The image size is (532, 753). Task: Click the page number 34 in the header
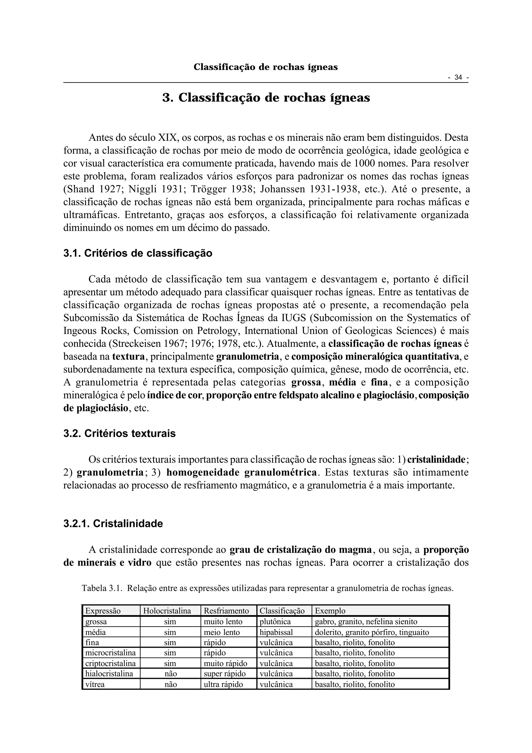tap(458, 78)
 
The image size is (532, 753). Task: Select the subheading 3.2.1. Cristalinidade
tap(113, 523)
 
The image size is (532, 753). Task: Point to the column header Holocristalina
tap(167, 611)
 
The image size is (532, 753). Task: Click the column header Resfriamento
tap(226, 611)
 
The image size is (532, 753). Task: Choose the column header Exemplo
tap(330, 611)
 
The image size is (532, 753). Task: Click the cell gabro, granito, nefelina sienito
tap(366, 622)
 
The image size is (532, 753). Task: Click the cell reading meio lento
tap(222, 632)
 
